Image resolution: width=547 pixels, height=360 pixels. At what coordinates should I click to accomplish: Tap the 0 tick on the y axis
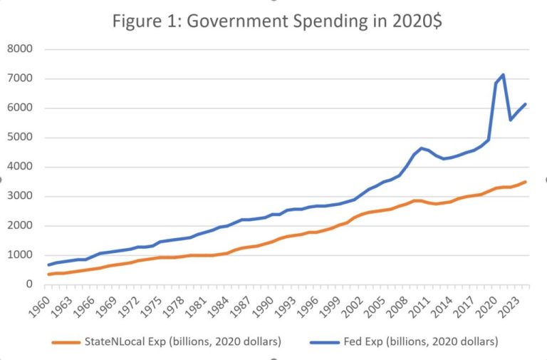point(31,284)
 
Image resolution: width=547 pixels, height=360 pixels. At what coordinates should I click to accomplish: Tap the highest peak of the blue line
point(504,74)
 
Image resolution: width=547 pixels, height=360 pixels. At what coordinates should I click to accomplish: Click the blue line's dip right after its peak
point(511,119)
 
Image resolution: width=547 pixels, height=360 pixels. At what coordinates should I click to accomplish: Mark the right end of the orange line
point(526,182)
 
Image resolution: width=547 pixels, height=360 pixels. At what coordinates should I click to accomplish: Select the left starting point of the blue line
point(48,264)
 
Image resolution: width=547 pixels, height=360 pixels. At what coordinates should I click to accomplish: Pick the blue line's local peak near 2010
point(422,148)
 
